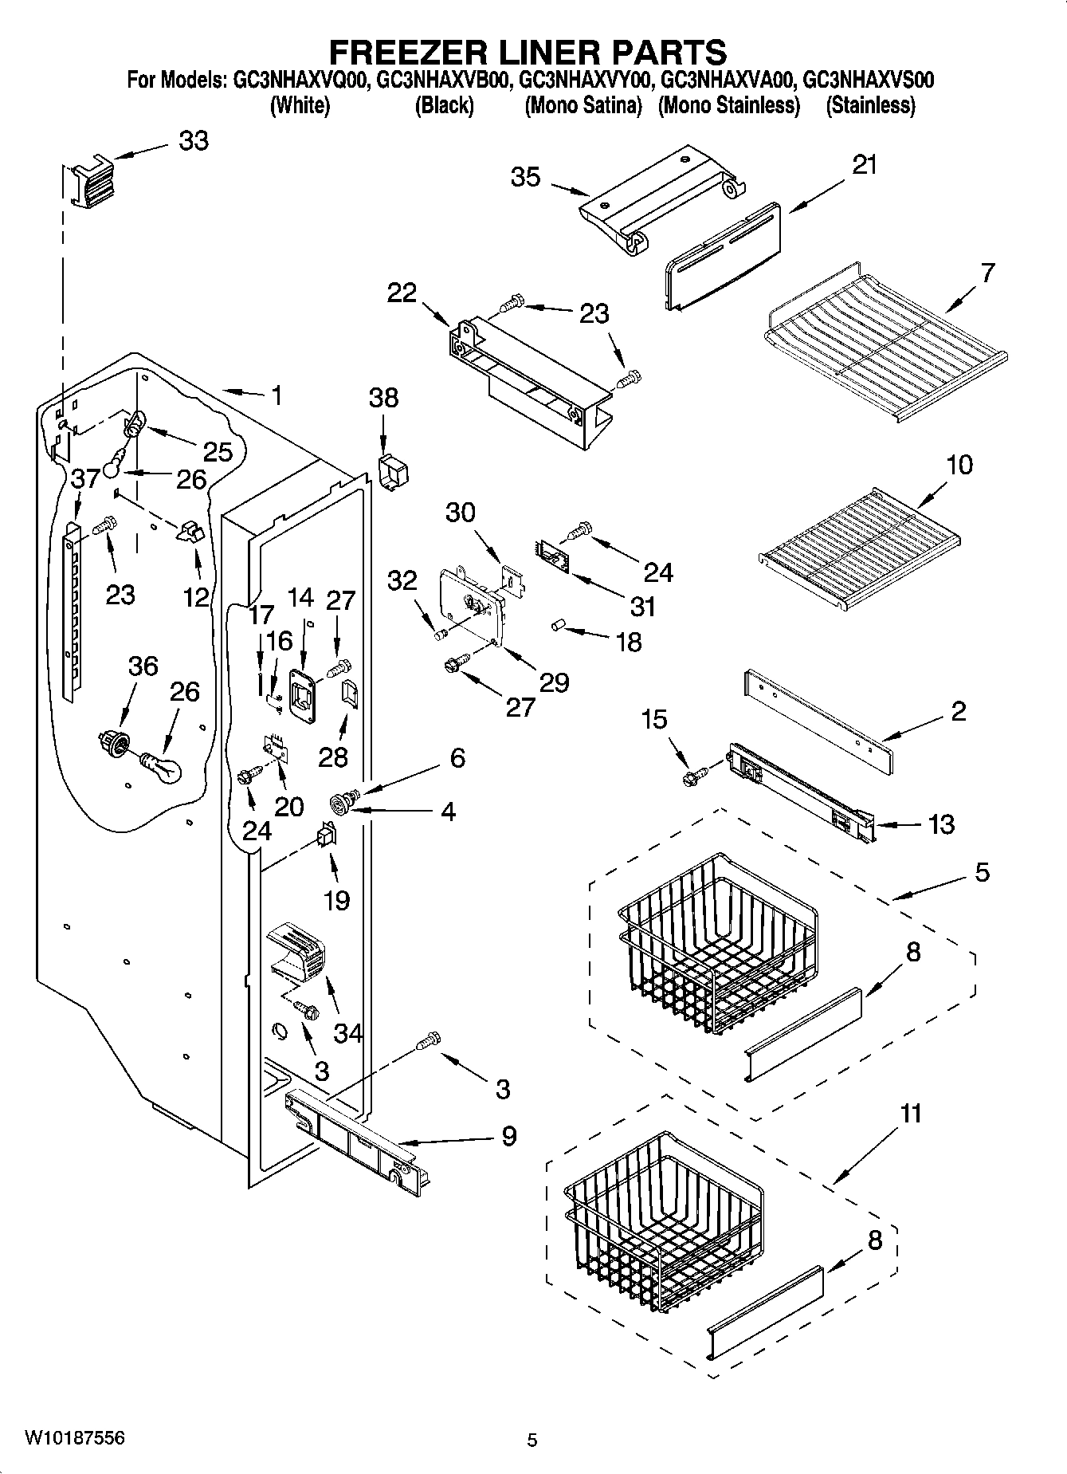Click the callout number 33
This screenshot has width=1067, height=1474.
pos(193,141)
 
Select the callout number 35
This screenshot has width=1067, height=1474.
pos(526,177)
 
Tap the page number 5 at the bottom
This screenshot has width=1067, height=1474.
pos(532,1440)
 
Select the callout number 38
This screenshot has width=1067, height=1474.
pos(383,398)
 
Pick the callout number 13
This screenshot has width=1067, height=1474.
pos(941,823)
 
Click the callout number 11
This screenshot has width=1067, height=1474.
pos(911,1113)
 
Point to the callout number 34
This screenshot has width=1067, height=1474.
pos(347,1033)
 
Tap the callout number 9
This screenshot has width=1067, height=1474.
pos(508,1136)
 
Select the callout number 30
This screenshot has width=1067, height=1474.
pos(460,513)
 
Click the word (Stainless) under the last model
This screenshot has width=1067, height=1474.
pos(870,105)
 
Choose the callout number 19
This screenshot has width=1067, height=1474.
pos(336,900)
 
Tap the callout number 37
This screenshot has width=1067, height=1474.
pos(85,479)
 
